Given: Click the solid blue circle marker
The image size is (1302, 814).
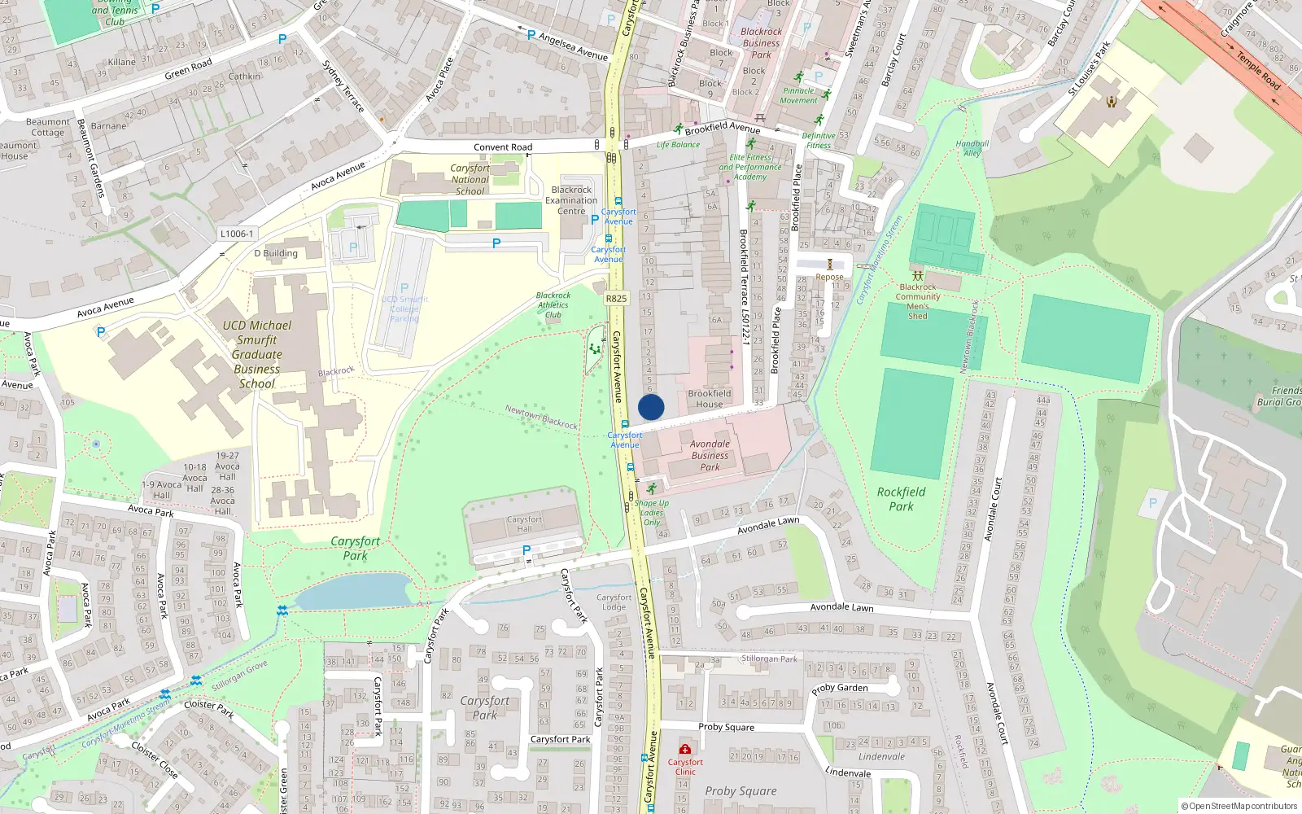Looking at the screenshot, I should tap(651, 407).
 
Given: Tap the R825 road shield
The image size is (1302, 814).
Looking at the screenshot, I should tap(616, 299).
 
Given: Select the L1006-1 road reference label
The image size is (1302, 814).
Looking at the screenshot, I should tap(236, 234).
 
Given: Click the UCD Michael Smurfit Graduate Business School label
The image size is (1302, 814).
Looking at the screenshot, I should tap(257, 354).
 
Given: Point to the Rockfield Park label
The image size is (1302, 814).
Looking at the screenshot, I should tap(901, 499).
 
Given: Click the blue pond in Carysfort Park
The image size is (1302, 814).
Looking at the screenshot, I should tap(354, 591).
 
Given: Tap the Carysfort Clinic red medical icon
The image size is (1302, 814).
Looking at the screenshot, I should tap(685, 749).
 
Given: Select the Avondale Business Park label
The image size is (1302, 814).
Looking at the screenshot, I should tap(710, 456).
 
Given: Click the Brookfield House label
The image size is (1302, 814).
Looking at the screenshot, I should tap(709, 399).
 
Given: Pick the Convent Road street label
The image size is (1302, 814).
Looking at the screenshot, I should tap(503, 147).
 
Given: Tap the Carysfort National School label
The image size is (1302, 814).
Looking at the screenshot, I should tap(470, 180).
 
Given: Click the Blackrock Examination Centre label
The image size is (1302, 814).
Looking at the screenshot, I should tap(571, 200).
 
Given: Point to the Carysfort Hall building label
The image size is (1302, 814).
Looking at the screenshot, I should tap(524, 524).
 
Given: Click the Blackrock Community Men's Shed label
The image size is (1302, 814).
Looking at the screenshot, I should tap(918, 301).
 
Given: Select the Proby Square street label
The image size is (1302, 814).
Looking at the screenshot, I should tap(726, 727).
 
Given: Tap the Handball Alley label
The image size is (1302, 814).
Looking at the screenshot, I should tap(972, 148).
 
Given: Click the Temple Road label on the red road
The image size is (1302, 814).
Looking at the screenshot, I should tap(1258, 70).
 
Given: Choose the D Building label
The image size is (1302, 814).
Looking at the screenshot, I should tap(276, 253).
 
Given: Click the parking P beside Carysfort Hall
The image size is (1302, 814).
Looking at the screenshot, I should tap(526, 551).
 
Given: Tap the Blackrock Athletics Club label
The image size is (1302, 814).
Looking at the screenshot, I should tap(553, 305).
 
